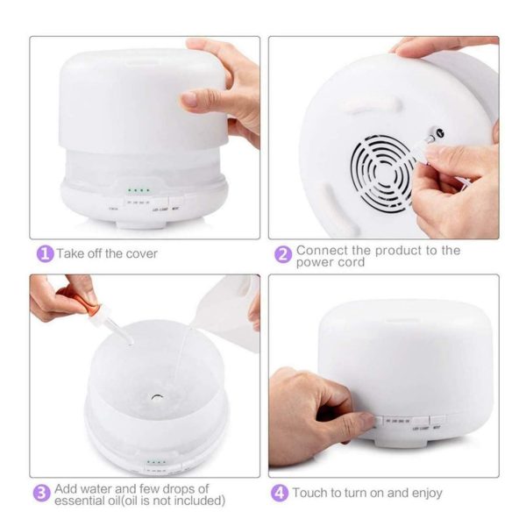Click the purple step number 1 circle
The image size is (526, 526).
(x=44, y=253)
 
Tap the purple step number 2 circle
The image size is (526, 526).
(x=282, y=254)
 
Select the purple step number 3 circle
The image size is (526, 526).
(x=41, y=494)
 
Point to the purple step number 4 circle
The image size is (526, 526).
(x=280, y=493)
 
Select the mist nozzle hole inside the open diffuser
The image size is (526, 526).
(x=155, y=396)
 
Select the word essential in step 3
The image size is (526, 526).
(x=89, y=501)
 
